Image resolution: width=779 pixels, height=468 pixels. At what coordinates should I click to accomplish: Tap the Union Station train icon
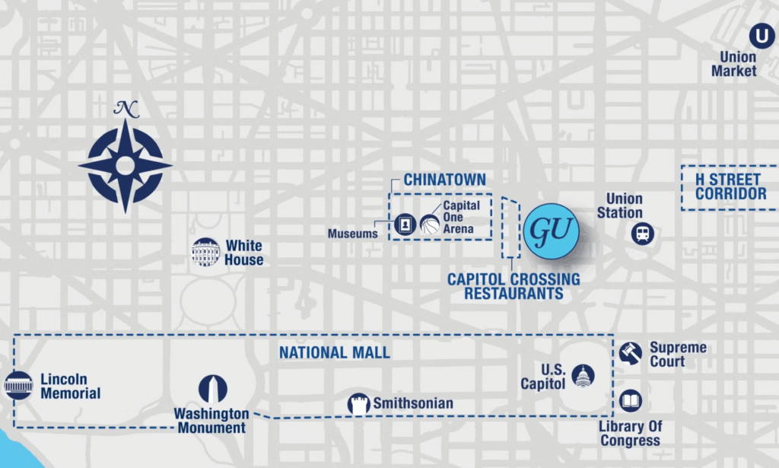pyautogui.click(x=643, y=234)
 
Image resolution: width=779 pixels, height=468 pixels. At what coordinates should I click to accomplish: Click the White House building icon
pyautogui.click(x=205, y=252)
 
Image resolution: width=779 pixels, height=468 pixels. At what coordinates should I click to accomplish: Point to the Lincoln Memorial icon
pyautogui.click(x=18, y=385)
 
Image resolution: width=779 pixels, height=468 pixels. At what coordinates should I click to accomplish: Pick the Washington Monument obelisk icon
pyautogui.click(x=213, y=389)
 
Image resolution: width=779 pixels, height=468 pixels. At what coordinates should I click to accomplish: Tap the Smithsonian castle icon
pyautogui.click(x=359, y=404)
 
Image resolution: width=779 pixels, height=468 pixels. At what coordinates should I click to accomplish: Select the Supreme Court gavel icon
pyautogui.click(x=630, y=353)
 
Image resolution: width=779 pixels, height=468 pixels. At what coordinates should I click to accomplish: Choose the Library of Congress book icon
pyautogui.click(x=631, y=401)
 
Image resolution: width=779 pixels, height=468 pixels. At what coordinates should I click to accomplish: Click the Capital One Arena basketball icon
pyautogui.click(x=430, y=224)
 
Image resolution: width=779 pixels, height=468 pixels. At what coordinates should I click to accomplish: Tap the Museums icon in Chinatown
pyautogui.click(x=405, y=224)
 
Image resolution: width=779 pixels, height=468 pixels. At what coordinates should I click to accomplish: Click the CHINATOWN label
pyautogui.click(x=444, y=180)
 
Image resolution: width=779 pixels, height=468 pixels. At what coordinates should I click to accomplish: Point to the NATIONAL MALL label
pyautogui.click(x=334, y=353)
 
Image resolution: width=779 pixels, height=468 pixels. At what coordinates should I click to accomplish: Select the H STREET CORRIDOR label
pyautogui.click(x=730, y=187)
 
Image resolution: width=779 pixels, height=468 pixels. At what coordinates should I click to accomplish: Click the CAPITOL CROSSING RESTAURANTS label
pyautogui.click(x=514, y=286)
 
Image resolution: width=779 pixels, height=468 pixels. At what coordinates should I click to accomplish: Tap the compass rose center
pyautogui.click(x=126, y=164)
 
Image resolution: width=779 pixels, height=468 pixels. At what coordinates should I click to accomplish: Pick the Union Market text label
pyautogui.click(x=734, y=64)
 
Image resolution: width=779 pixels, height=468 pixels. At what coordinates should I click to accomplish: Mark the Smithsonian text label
pyautogui.click(x=413, y=404)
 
